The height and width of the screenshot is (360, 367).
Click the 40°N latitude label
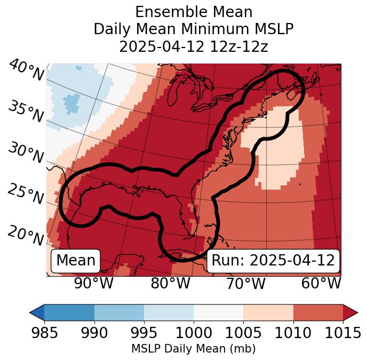[26, 71]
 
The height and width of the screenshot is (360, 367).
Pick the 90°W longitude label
[94, 283]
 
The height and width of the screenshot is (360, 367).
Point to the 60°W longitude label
[321, 283]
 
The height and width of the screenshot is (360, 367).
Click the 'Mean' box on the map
[76, 261]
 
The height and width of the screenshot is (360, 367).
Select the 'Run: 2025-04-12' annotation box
[273, 261]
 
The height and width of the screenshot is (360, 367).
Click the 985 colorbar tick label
[44, 333]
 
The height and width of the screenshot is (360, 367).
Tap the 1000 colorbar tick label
[194, 333]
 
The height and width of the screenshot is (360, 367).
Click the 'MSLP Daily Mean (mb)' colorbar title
[194, 349]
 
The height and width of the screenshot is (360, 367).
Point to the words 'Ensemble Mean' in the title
[194, 12]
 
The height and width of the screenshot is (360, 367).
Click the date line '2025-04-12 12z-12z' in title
[194, 46]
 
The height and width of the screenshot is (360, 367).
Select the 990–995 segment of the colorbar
[119, 312]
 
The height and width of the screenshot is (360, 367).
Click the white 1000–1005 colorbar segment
[218, 312]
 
